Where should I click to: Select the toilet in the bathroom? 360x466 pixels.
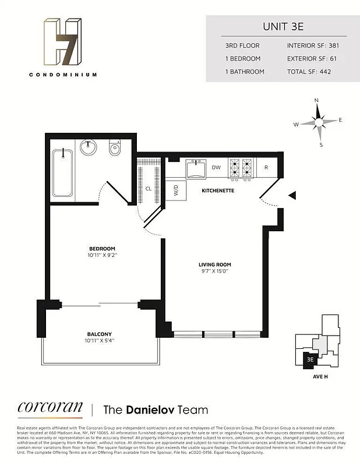[114, 149]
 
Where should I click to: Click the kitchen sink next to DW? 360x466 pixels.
[195, 169]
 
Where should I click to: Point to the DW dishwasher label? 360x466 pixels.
[216, 168]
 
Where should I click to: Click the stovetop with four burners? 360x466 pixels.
[241, 167]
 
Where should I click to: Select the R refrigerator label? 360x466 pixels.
[266, 168]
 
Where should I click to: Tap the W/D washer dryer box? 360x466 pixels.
[176, 191]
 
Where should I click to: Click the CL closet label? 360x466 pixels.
[149, 189]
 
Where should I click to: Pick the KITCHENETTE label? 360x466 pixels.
[217, 191]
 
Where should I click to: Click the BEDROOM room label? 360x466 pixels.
[102, 248]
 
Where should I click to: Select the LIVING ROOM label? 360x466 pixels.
[215, 265]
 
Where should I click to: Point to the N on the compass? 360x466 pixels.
[317, 100]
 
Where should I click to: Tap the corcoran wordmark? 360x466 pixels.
[50, 408]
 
